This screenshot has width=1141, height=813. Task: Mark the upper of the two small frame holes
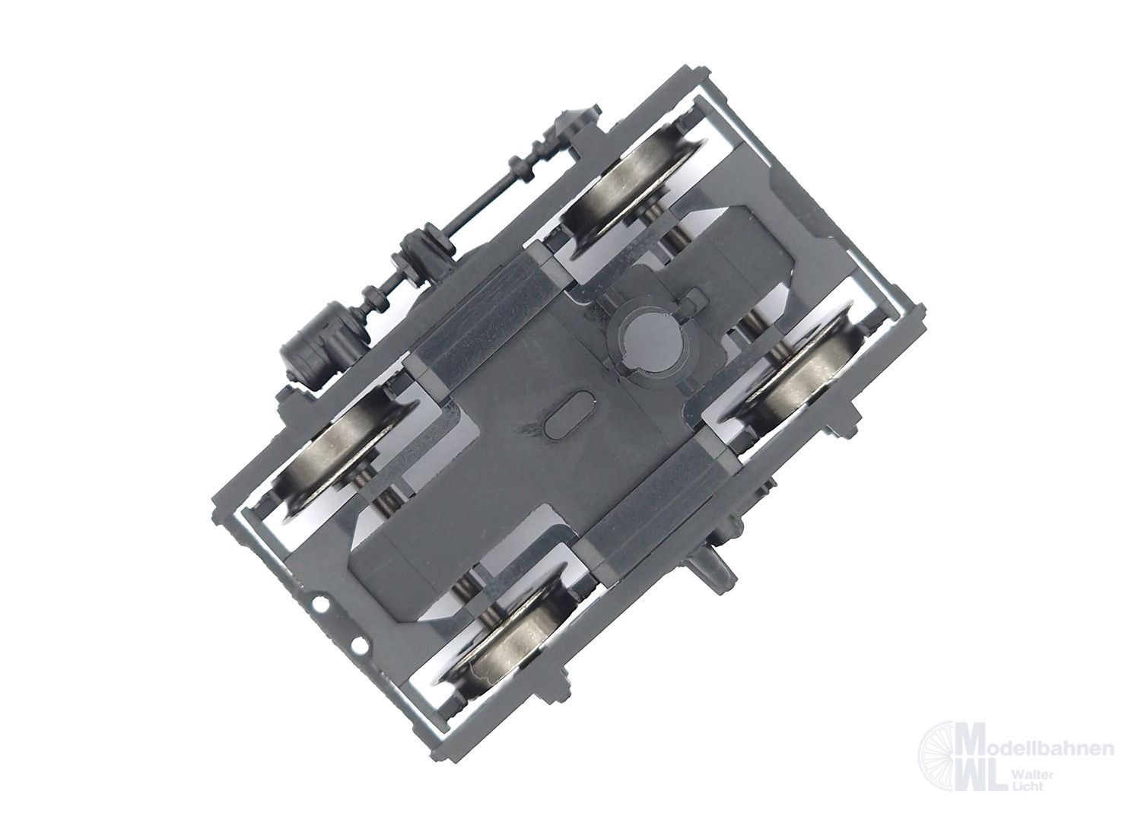click(319, 605)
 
